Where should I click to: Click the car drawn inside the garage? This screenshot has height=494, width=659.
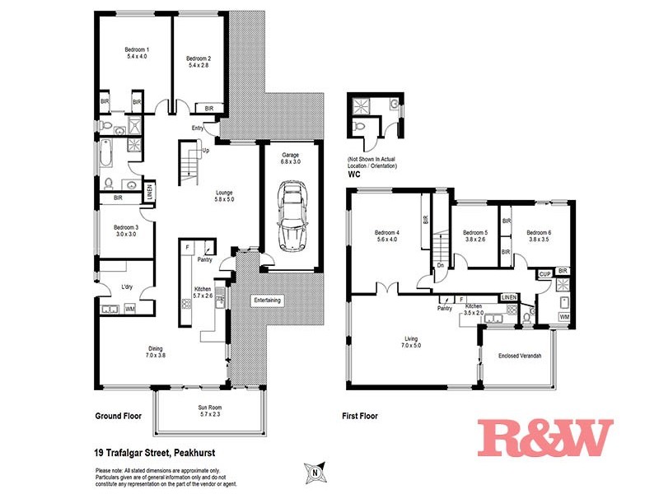(291, 217)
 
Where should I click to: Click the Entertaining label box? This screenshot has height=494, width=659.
(266, 301)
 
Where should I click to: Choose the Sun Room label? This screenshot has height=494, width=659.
(209, 412)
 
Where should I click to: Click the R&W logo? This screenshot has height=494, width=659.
(545, 438)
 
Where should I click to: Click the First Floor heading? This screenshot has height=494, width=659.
(359, 416)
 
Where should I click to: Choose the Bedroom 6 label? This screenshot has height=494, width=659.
(539, 236)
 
